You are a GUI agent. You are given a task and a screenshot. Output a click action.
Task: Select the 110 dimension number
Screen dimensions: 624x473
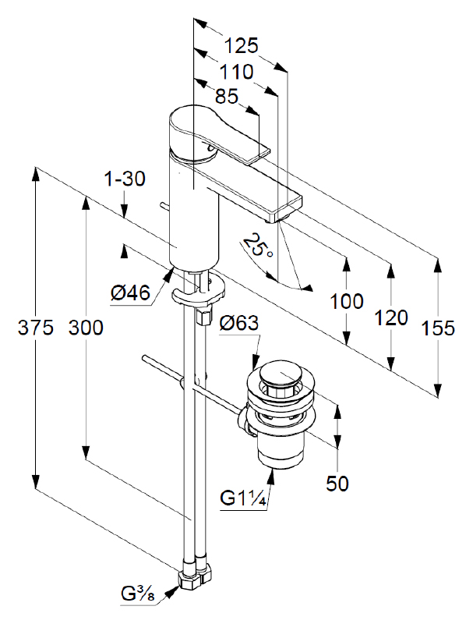[x=235, y=72]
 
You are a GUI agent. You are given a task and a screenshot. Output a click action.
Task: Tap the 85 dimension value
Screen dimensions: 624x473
[x=225, y=97]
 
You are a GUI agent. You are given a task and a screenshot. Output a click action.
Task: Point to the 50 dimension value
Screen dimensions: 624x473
[x=337, y=484]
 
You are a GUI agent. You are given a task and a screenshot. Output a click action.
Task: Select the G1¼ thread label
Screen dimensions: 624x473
[x=245, y=498]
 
